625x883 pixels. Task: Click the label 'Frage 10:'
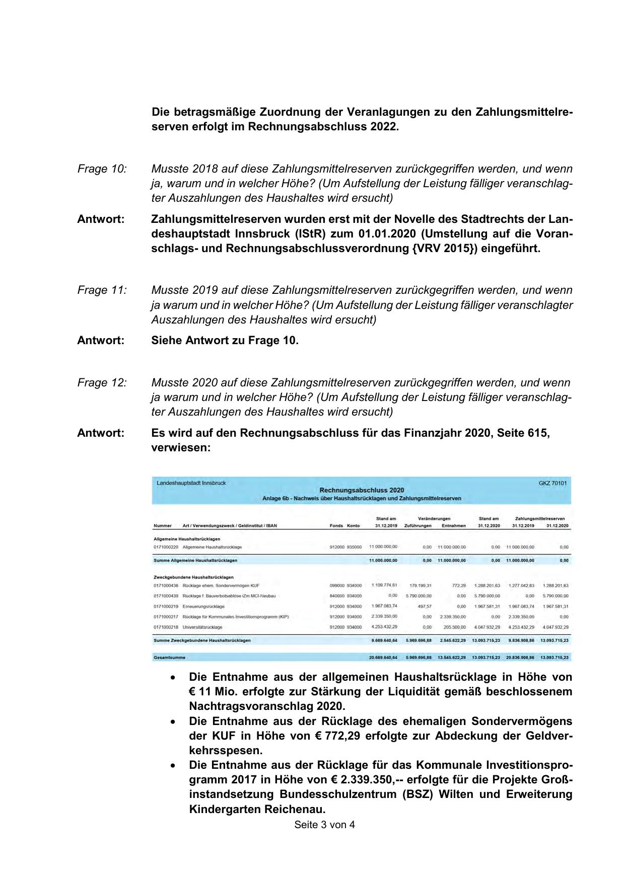[102, 169]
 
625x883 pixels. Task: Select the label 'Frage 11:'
[102, 290]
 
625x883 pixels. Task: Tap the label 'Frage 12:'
[102, 383]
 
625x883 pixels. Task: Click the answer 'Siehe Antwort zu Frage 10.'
[225, 341]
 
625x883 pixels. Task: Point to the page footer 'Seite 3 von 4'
[324, 825]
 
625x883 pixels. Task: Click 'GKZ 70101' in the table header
[552, 484]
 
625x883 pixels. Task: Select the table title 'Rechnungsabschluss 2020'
[362, 490]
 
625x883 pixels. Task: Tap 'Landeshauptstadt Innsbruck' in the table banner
[191, 483]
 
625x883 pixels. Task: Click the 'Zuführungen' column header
[418, 526]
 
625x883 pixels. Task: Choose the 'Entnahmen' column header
[453, 526]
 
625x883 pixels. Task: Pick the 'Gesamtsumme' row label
[169, 658]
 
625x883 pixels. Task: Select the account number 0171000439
[166, 596]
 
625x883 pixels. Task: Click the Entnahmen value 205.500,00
[454, 627]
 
